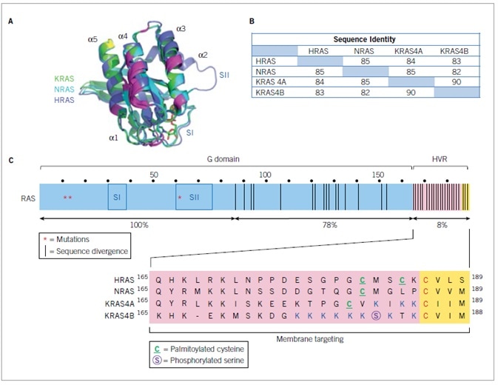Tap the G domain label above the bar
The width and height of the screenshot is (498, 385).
coord(226,161)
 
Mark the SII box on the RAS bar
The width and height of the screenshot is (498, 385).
coord(195,198)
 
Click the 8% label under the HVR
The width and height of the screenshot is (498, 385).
coord(442,223)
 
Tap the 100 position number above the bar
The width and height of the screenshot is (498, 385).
coord(264,175)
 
